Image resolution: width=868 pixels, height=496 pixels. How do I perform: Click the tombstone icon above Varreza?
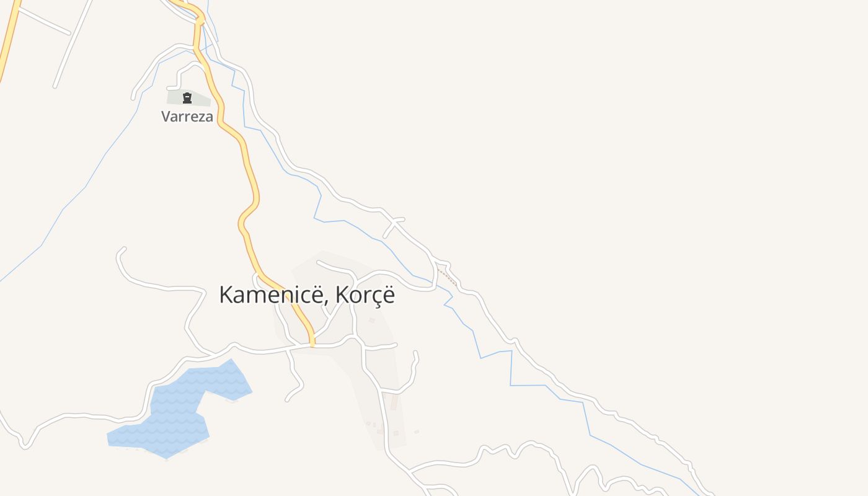click(x=187, y=98)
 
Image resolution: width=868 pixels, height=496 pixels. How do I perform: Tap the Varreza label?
click(x=187, y=117)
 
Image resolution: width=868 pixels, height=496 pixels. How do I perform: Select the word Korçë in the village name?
click(x=365, y=296)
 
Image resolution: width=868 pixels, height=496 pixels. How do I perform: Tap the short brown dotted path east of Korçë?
click(x=447, y=277)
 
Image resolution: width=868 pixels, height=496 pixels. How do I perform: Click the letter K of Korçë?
click(x=342, y=295)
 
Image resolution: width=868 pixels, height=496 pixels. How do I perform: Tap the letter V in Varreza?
click(x=166, y=117)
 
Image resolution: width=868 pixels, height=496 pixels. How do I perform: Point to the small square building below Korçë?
click(x=372, y=321)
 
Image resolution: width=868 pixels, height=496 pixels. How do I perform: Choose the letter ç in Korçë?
click(x=374, y=297)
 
